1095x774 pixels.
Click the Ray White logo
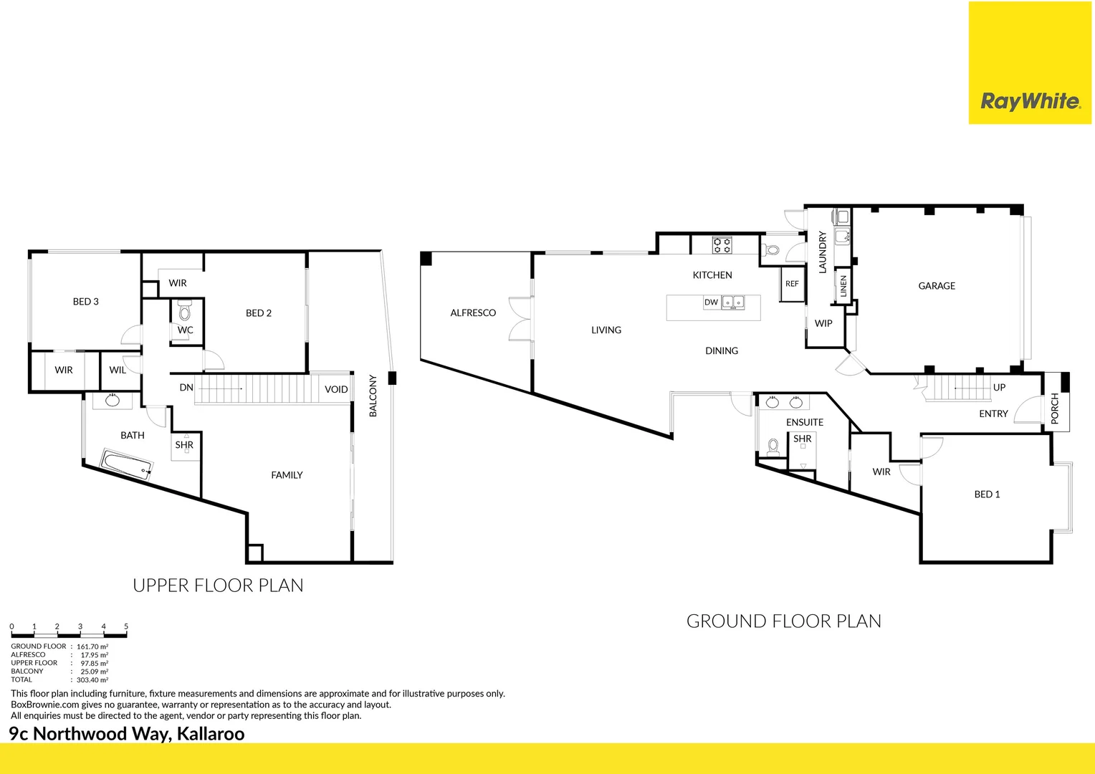tap(1030, 101)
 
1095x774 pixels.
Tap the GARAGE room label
tap(937, 286)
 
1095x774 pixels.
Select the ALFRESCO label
tap(473, 313)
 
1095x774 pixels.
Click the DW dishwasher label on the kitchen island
tap(711, 302)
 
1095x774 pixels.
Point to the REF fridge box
tap(792, 284)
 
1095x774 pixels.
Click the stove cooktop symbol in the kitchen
tap(722, 245)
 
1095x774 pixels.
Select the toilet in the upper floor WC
tap(185, 312)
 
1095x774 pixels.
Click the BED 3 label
tap(86, 302)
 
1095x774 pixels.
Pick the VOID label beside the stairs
tap(336, 390)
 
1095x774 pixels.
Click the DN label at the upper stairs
tap(186, 388)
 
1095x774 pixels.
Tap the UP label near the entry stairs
tap(999, 388)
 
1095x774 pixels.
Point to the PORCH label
tap(1055, 408)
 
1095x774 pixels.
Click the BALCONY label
tap(373, 396)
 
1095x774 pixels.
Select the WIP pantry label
tap(823, 324)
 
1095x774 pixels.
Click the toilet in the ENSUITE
tap(773, 448)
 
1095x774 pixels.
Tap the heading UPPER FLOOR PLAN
tap(218, 586)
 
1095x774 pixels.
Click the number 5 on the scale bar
tap(126, 626)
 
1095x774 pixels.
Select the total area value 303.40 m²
tap(92, 680)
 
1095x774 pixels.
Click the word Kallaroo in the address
tap(211, 734)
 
